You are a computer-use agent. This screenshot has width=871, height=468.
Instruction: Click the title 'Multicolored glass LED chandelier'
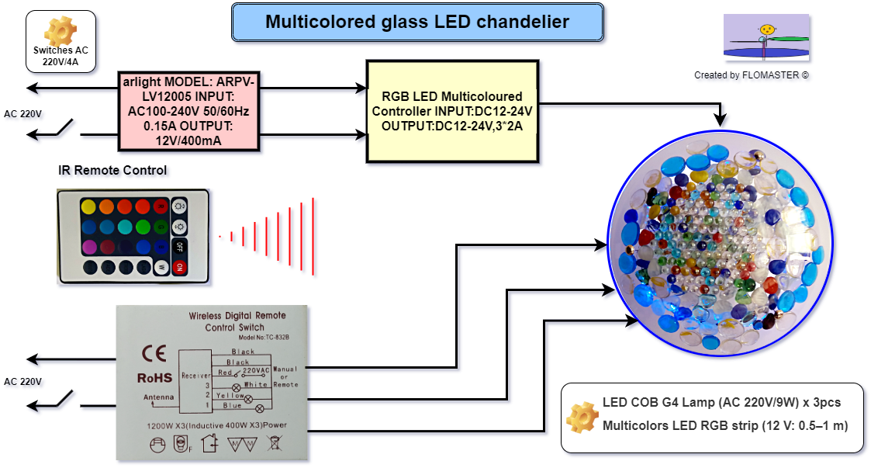pos(417,22)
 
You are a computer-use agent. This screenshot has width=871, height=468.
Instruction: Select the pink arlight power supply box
pos(188,111)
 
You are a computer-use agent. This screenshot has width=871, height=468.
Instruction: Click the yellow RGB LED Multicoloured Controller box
pos(452,110)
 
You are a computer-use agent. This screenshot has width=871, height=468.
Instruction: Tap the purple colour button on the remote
pos(88,247)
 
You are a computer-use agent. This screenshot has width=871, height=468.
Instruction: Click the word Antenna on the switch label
pos(158,398)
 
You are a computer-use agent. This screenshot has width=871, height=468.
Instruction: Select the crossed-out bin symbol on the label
pos(273,445)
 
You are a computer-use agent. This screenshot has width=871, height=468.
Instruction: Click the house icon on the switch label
pos(209,444)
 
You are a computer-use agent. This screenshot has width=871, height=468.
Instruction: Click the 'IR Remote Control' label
pos(112,170)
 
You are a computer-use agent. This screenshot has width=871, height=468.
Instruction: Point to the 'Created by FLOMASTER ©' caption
pos(752,75)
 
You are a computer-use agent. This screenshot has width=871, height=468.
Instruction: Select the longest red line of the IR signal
pos(313,236)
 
